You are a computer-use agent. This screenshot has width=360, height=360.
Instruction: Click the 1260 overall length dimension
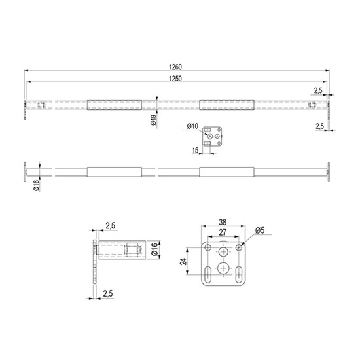coord(175,67)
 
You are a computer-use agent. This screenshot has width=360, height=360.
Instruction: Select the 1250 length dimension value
coord(175,79)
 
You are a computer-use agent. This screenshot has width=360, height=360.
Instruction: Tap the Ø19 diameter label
coord(154,120)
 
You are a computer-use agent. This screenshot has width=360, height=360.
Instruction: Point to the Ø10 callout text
coord(192,126)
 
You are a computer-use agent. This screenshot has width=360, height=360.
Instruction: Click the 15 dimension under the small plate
coord(195,151)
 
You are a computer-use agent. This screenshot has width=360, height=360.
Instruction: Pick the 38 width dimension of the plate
coord(223,222)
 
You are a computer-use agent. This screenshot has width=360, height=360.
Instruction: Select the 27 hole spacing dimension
coord(223,232)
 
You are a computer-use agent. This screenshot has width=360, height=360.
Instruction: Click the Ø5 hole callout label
coord(260,230)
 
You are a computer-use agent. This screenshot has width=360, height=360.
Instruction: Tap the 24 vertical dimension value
coord(183,262)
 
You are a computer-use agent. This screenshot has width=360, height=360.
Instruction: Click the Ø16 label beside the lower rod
coord(37,185)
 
